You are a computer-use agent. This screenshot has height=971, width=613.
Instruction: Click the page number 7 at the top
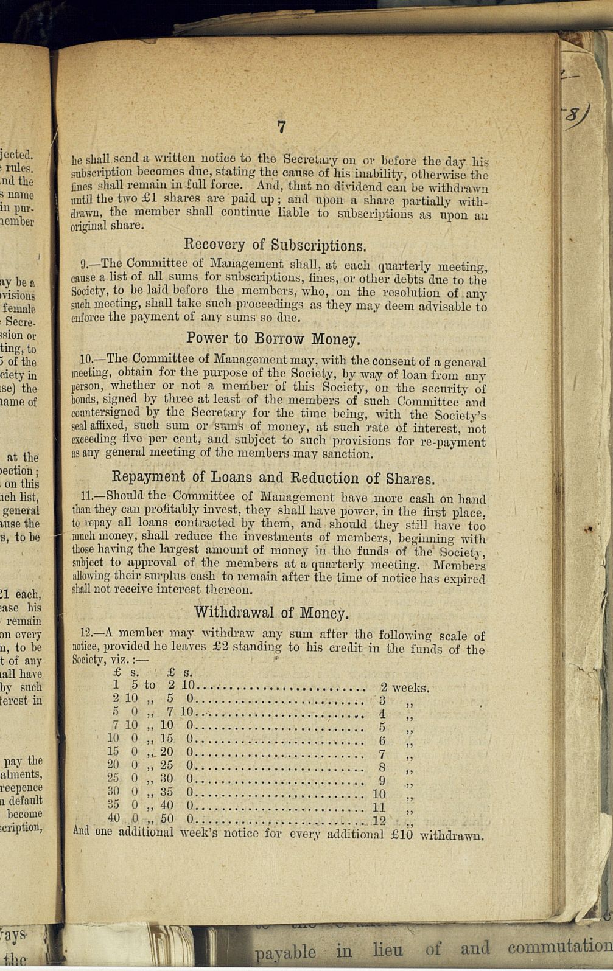(x=281, y=127)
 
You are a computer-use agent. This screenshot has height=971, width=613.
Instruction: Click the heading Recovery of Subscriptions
(x=275, y=245)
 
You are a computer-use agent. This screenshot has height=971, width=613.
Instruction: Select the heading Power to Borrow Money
(x=273, y=338)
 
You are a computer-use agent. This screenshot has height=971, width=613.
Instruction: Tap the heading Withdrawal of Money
(x=271, y=612)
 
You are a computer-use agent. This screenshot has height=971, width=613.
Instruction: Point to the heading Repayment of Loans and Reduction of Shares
(x=274, y=478)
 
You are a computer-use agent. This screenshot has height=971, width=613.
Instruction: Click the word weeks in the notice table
(x=411, y=688)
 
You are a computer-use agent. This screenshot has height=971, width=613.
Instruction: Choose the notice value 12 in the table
(x=379, y=820)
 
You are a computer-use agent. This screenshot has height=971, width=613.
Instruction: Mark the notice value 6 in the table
(x=382, y=740)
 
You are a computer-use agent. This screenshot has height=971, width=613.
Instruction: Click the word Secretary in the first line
(x=310, y=161)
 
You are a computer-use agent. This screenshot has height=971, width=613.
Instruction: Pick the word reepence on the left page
(x=22, y=787)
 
